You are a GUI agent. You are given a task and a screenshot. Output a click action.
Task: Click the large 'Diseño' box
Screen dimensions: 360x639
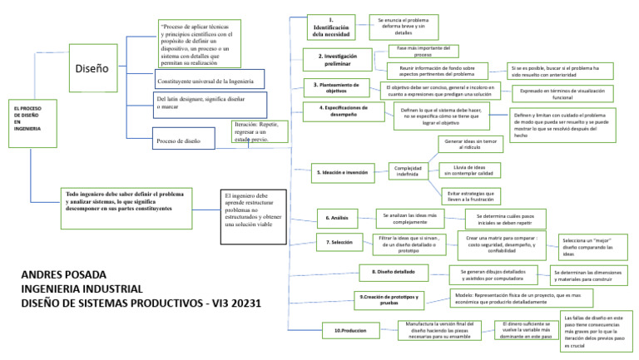92,67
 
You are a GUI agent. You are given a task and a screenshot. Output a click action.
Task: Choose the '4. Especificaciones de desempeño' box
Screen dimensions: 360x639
343,111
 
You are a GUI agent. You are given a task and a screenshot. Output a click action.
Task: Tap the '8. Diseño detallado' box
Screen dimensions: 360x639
392,271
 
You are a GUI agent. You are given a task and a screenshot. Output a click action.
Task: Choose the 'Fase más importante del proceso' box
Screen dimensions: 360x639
422,52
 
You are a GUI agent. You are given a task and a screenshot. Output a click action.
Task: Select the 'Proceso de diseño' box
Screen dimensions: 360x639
189,141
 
